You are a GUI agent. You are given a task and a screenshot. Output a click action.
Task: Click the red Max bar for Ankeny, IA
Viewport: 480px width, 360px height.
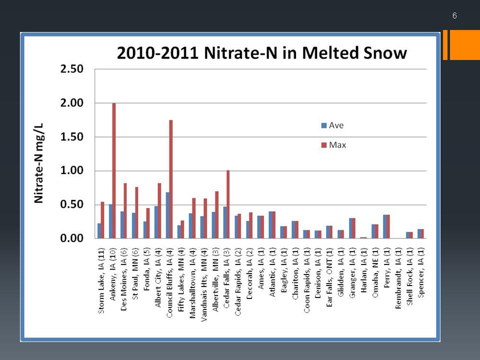(x=114, y=170)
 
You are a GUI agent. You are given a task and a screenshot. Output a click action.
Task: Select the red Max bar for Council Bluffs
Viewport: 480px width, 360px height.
(x=171, y=179)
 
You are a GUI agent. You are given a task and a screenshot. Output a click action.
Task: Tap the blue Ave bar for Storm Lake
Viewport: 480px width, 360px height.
(x=99, y=231)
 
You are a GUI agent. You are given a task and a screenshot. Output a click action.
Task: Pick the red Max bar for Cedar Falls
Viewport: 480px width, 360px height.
(x=228, y=204)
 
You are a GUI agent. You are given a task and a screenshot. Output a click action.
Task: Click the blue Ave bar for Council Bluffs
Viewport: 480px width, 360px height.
(x=168, y=215)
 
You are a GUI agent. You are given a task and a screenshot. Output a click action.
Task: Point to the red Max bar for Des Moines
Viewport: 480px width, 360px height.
(x=125, y=210)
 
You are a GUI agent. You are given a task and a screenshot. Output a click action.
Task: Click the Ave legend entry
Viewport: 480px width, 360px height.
(x=332, y=125)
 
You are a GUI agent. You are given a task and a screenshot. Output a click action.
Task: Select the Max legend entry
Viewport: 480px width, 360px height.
(x=333, y=145)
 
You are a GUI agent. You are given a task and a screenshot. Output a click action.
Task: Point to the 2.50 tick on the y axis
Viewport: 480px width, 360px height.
(x=72, y=69)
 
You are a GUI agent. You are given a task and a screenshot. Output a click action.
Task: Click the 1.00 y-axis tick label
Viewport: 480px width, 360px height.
(x=72, y=170)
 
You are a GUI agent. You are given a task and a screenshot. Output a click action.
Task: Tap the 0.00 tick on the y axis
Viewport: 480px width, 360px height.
(x=72, y=238)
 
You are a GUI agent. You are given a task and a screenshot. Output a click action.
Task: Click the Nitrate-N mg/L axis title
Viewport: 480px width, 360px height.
(x=39, y=163)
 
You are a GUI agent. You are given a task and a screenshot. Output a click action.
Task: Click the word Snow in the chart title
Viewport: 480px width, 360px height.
(x=385, y=52)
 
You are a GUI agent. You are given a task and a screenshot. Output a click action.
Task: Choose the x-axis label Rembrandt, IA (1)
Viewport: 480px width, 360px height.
(x=398, y=278)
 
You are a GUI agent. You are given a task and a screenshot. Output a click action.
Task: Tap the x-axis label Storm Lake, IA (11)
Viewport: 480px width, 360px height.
(x=101, y=280)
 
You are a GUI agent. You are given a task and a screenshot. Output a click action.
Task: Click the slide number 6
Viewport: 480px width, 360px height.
(x=454, y=15)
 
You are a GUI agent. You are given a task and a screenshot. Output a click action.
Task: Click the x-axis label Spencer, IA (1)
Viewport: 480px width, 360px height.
(x=421, y=272)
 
